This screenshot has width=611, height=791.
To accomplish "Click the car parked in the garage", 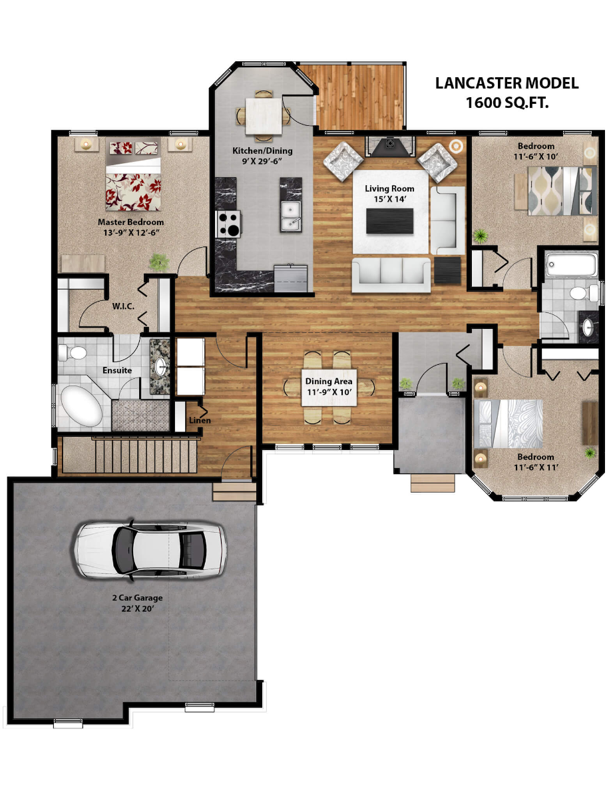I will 150,549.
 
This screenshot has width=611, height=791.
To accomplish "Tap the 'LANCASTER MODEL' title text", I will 507,84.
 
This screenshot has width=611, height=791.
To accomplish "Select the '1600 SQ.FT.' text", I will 507,103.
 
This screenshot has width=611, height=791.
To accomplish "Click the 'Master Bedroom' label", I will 130,222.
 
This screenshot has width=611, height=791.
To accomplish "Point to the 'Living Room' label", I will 389,188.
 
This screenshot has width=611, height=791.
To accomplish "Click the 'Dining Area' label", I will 329,382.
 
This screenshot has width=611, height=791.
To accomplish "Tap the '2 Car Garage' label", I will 137,598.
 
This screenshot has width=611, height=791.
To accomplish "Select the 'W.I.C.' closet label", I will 124,307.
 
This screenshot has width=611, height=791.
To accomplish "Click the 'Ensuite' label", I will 116,370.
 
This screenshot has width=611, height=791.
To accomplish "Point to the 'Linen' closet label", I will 200,420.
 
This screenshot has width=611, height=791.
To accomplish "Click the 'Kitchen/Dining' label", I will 262,151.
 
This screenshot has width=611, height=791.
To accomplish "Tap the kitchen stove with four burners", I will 228,224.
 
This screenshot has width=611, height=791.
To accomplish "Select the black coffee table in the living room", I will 390,220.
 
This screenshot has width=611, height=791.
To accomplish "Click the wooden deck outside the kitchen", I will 360,97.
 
